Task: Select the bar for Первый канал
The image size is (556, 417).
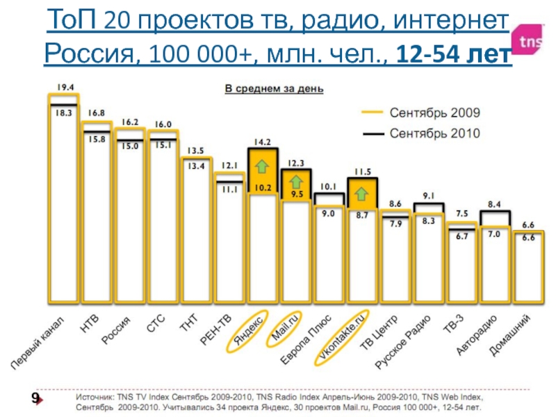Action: pos(64,208)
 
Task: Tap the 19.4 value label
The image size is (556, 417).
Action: pos(65,88)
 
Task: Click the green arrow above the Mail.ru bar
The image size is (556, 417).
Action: pos(296,181)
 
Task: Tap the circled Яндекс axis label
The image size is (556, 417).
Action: pos(249,327)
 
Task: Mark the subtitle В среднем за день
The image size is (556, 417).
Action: pos(275,89)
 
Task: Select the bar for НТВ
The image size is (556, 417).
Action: pos(97,215)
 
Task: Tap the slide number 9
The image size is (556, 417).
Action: pos(33,398)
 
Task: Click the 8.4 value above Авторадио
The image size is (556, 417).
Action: pos(494,204)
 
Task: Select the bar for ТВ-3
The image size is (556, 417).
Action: pos(461,264)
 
